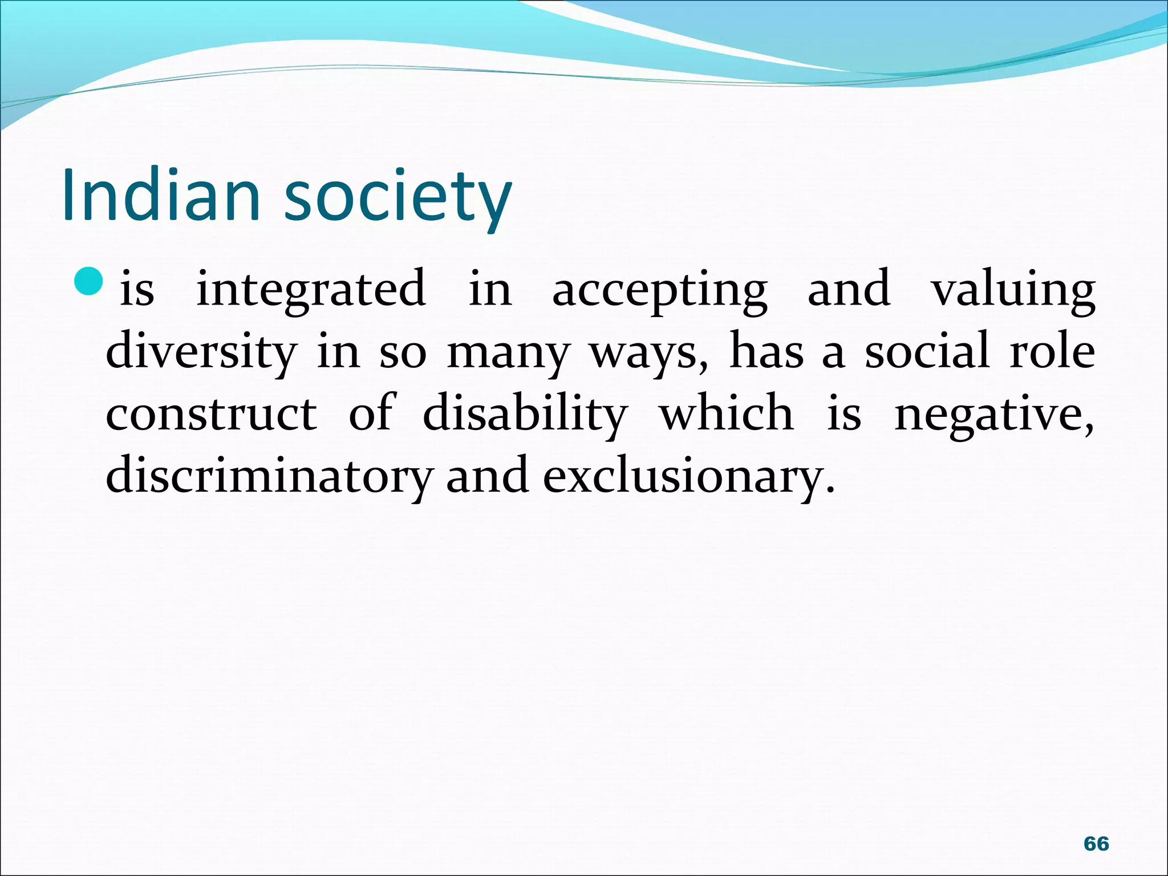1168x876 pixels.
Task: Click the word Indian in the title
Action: [161, 195]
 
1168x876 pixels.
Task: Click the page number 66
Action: [1096, 843]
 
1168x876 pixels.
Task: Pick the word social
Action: [926, 351]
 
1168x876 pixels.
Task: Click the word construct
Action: [211, 414]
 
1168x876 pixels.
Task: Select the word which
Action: [726, 413]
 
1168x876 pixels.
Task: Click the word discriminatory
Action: [269, 477]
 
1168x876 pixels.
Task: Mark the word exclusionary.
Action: [688, 477]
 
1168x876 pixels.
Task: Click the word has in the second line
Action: [766, 351]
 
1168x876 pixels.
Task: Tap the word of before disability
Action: [370, 413]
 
